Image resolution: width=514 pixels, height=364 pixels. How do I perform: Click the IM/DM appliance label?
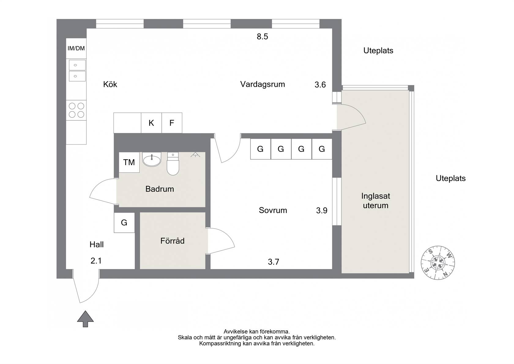coord(76,48)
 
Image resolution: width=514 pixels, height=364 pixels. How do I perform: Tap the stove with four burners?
coord(76,110)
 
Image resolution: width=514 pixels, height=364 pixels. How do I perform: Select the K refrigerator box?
coord(151,123)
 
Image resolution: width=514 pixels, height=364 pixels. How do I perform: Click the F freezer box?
coord(172,123)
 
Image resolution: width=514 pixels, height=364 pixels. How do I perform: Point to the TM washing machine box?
coord(129,162)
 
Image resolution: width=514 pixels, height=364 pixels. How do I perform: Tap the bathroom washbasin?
coord(152,159)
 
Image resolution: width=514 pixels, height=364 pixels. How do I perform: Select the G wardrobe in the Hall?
coord(124,222)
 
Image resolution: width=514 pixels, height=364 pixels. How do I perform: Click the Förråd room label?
coord(172,241)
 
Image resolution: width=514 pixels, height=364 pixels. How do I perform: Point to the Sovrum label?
coord(273,210)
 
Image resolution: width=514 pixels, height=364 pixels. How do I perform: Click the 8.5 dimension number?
coord(262,36)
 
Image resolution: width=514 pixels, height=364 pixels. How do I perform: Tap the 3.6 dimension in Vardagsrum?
coord(320,85)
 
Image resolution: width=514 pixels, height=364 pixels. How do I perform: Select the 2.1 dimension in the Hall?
coord(96,261)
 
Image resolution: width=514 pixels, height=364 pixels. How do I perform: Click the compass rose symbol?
coord(438,263)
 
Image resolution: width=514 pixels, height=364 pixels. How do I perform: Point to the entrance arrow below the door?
coord(85,319)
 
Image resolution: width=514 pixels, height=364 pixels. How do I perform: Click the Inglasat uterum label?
coord(376,201)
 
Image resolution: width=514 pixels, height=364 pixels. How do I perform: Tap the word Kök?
coord(110,84)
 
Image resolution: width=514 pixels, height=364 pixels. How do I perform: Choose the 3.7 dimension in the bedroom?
coord(274,262)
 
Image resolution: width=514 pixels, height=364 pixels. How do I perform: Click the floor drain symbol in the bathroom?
coord(195,155)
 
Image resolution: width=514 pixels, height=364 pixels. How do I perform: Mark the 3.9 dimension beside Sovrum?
coord(322,210)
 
